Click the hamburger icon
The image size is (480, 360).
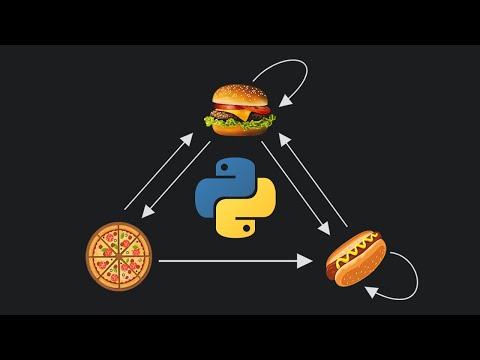click(x=240, y=109)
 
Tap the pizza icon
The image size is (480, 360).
click(x=118, y=257)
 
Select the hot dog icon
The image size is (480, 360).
click(x=356, y=257)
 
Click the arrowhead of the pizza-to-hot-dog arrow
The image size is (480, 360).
click(x=305, y=261)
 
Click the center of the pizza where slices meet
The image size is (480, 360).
click(x=118, y=257)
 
